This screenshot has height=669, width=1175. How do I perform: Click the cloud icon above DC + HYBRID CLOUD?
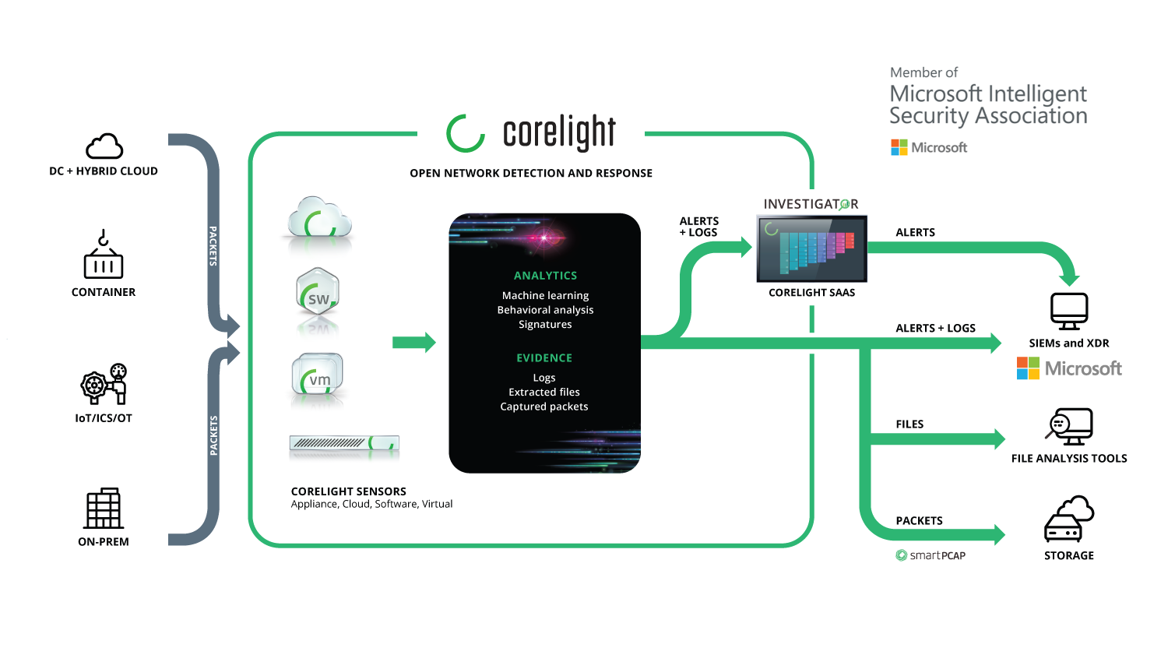point(104,146)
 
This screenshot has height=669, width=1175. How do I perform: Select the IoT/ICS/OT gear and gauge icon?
point(104,384)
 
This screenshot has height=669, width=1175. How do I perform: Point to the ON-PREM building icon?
point(104,509)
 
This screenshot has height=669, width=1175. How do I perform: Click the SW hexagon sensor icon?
point(318,293)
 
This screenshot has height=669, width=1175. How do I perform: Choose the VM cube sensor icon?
point(318,376)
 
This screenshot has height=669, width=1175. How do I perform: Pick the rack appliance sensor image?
point(344,444)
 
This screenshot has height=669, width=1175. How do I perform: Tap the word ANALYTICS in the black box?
point(545,276)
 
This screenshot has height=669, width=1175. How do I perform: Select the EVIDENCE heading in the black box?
point(544,358)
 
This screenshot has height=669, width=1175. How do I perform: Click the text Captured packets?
point(544,407)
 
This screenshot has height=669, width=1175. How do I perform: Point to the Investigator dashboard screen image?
point(812,249)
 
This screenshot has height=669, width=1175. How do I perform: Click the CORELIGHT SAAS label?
point(811,293)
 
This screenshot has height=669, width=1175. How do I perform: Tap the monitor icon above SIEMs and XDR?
point(1069,311)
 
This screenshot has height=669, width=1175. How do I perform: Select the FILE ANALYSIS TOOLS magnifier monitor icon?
point(1069,427)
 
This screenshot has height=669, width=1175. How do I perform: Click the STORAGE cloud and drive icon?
point(1069,519)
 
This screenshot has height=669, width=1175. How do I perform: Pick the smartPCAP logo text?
point(931,555)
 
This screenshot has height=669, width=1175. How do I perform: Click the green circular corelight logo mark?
point(466,133)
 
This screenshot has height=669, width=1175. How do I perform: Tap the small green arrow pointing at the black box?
point(413,342)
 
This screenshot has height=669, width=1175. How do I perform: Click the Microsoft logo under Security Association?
point(929,147)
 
